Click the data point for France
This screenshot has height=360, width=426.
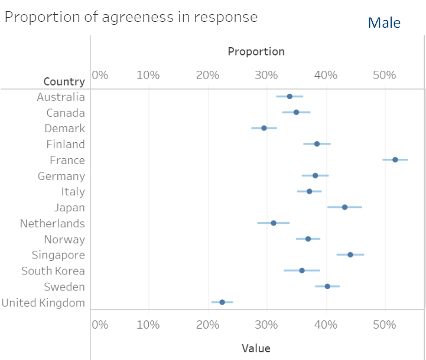[395, 160]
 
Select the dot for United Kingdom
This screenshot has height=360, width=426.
[222, 302]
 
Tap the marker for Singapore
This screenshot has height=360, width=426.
[350, 255]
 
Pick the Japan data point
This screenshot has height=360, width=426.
[344, 207]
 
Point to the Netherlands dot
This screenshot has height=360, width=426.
[274, 223]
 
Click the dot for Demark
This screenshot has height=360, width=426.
[264, 128]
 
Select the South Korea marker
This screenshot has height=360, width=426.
[302, 270]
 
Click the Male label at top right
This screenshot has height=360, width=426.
[384, 23]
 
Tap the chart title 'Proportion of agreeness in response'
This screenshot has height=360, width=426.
[131, 17]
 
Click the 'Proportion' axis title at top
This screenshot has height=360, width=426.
[256, 52]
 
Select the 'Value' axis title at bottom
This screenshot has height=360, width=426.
[256, 348]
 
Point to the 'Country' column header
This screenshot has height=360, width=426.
[64, 81]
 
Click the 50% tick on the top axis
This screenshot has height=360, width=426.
[384, 75]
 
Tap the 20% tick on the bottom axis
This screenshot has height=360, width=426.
[207, 325]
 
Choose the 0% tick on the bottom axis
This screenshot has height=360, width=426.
[100, 325]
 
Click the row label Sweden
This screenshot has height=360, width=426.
[64, 287]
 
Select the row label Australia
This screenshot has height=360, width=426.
[61, 97]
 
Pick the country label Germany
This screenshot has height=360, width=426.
[61, 176]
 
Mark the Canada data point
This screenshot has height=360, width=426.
[296, 112]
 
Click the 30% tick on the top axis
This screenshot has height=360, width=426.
[266, 75]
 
